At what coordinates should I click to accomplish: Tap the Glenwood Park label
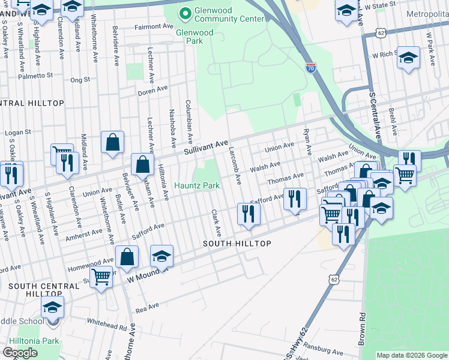click(194, 37)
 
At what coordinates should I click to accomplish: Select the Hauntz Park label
click(196, 186)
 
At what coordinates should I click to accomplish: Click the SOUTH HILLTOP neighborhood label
click(237, 244)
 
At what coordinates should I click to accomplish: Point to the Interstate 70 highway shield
click(310, 68)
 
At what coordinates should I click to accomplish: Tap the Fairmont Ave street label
click(154, 27)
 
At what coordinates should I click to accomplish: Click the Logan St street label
click(17, 133)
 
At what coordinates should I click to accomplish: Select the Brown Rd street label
click(363, 324)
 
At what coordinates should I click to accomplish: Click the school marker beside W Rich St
click(409, 58)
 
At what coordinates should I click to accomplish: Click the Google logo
click(20, 353)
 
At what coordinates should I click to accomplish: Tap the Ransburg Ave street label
click(324, 351)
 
